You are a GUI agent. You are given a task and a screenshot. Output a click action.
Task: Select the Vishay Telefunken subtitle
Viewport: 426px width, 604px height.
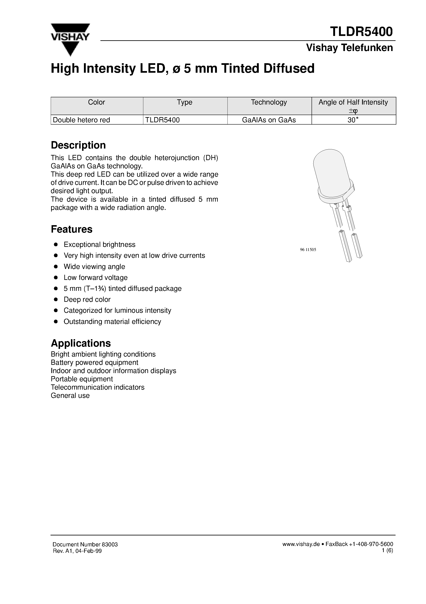pos(349,48)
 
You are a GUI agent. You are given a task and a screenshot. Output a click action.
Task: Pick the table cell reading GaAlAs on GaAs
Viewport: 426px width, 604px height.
pos(269,120)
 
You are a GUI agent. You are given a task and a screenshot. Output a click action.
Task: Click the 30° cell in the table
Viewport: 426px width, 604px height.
pos(353,120)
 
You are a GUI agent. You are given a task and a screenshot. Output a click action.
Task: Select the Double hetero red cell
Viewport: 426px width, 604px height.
pos(81,120)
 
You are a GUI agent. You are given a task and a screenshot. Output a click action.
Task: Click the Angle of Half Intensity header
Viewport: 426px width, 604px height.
pos(353,102)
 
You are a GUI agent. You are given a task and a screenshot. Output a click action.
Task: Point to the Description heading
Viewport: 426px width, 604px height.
pos(78,145)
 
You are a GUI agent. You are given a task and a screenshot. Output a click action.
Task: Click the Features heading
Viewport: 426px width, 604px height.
pos(71,229)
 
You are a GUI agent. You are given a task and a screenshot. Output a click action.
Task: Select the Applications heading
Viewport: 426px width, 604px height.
pos(81,343)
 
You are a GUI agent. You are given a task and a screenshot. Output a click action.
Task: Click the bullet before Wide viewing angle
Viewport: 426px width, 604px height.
pos(56,266)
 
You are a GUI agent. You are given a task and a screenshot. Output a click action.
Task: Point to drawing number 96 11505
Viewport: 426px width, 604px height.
pos(308,250)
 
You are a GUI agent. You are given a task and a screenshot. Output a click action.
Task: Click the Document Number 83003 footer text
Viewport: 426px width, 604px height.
pos(85,545)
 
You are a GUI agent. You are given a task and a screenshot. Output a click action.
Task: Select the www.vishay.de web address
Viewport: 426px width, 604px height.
pos(301,544)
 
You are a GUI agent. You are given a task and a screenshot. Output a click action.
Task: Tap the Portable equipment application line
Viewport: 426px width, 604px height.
pos(82,379)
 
